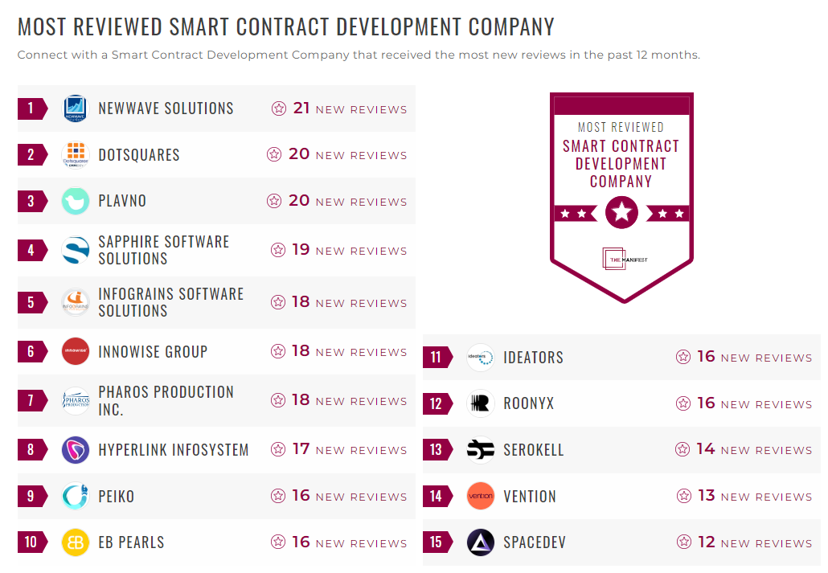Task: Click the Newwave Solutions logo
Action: coord(76,108)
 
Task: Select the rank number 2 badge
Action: coord(31,155)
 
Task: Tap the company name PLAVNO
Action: coord(122,201)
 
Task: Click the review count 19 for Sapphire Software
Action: coord(301,250)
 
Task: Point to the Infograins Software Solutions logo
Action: coord(76,302)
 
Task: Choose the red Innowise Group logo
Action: coord(76,352)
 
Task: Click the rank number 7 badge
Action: coord(31,400)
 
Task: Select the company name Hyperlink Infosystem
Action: coord(174,450)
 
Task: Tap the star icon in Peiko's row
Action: coord(278,496)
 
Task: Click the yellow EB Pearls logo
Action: coord(76,542)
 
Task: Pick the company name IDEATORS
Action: coord(533,358)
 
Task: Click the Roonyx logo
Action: coord(481,403)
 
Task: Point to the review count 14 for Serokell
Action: coord(706,449)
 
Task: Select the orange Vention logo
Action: coord(481,496)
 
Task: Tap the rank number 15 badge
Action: coord(436,542)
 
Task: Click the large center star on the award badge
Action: coord(621,213)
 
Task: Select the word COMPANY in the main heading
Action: coord(511,27)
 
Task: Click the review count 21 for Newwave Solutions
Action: coord(301,108)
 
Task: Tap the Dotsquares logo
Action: coord(76,155)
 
